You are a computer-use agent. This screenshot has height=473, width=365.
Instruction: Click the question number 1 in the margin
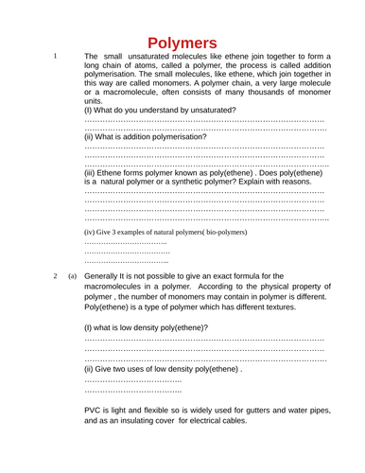click(x=56, y=56)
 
